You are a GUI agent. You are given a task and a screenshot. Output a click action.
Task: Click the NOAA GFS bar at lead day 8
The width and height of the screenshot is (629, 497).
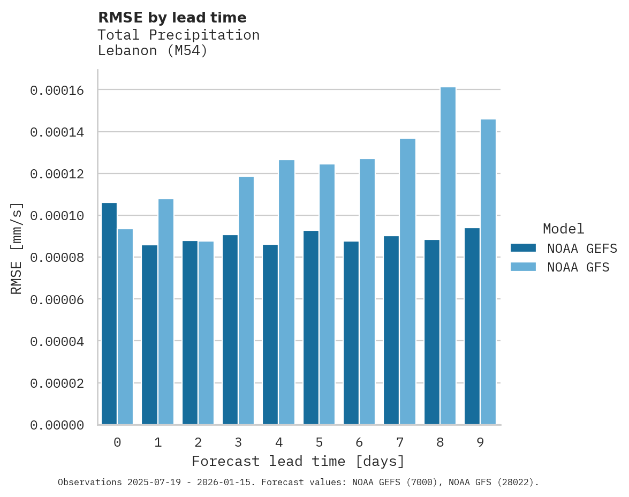tap(448, 256)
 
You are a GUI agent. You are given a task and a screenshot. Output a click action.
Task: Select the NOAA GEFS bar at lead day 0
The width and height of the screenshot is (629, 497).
tap(109, 314)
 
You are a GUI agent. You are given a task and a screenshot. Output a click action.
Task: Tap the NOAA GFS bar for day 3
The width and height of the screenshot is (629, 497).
tap(246, 300)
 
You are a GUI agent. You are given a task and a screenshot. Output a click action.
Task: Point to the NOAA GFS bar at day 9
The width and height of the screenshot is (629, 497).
tap(488, 272)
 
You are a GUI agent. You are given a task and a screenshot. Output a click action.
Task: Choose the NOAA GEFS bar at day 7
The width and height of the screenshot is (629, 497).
tap(391, 330)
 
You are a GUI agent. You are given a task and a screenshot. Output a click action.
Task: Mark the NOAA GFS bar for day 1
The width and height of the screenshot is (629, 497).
tap(165, 312)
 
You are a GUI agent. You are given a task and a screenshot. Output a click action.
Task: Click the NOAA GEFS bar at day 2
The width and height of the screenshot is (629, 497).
tap(190, 333)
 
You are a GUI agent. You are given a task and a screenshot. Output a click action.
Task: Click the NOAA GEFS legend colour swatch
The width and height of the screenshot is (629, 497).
tap(523, 247)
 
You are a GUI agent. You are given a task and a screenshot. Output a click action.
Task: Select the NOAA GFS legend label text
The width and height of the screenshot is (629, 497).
tap(578, 267)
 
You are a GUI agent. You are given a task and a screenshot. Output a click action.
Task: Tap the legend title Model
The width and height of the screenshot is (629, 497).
tap(563, 229)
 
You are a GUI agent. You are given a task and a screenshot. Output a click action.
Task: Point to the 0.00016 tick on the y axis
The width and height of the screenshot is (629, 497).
tap(57, 91)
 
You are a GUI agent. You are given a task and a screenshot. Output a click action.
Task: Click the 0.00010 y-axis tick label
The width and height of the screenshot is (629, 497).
tap(57, 216)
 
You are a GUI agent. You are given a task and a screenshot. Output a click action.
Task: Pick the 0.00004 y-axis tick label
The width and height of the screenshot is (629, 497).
tap(57, 341)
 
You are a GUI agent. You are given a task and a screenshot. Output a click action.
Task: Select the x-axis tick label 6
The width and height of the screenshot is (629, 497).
tap(359, 442)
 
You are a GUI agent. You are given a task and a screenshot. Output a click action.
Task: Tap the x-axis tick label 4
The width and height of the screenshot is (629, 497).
tap(279, 442)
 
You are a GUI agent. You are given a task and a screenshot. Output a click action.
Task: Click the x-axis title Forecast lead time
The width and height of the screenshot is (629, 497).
tap(298, 461)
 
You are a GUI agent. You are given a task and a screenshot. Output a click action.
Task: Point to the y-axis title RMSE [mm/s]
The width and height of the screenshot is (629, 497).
tap(17, 248)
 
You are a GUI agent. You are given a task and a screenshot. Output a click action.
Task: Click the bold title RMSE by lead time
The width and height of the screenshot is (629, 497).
tap(172, 18)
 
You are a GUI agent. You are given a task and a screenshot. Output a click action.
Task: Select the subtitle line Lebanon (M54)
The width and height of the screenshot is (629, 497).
tap(153, 51)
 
